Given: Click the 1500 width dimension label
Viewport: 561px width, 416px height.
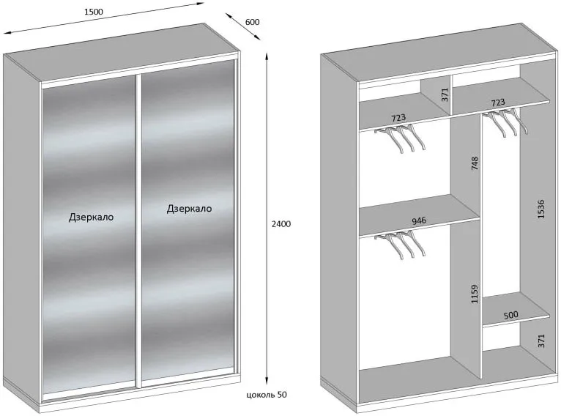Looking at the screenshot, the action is tap(94, 12).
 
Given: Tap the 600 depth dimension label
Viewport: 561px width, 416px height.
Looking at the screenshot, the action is tap(252, 22).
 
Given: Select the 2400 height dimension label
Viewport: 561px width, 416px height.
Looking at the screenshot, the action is tap(281, 224).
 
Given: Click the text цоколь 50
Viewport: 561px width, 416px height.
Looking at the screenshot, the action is tap(267, 395).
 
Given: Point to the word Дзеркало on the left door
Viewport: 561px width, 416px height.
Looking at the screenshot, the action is tap(91, 217).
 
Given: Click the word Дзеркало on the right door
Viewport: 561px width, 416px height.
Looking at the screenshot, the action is tap(189, 209).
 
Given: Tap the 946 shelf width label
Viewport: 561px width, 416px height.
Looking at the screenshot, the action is tap(419, 220).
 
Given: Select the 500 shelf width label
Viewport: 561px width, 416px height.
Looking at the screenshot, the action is tap(510, 315).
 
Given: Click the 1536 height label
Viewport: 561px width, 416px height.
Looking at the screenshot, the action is tap(540, 209).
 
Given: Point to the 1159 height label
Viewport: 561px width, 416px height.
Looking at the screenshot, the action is tap(475, 294).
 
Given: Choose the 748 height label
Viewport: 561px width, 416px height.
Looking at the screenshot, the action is tap(475, 163).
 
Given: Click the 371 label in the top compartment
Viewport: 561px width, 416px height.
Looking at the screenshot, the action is tap(445, 94).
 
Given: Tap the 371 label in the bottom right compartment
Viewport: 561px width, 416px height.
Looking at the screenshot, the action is tap(540, 341).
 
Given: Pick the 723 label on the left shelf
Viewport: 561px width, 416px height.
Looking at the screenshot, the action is tap(398, 117).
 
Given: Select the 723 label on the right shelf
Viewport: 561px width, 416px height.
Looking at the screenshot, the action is tap(498, 103).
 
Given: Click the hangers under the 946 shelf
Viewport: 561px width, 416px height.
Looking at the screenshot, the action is tap(401, 245).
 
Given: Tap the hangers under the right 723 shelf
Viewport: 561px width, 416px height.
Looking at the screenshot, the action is tap(505, 123).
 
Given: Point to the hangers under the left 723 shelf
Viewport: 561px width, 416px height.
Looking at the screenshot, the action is tap(401, 139).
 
